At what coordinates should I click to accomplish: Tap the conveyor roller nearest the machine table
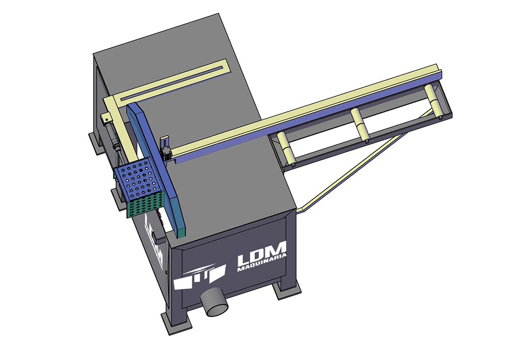click(286, 149)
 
